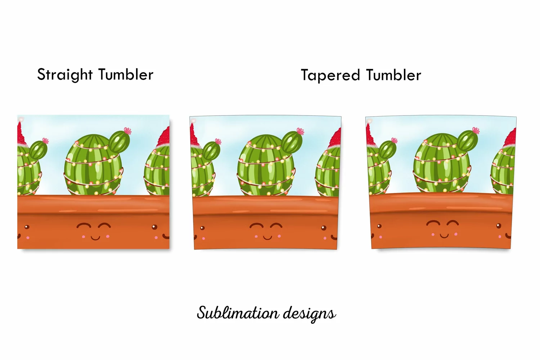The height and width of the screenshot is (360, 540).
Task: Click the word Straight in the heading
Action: tap(65, 75)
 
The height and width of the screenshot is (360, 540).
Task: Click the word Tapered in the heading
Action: tap(330, 75)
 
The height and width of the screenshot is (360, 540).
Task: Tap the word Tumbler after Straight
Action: tap(126, 74)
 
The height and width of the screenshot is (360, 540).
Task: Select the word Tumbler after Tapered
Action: tap(394, 75)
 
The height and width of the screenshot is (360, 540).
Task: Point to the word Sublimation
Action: tap(238, 313)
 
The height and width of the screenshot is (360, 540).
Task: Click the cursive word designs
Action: tap(309, 314)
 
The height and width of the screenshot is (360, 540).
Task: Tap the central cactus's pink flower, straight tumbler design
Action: tap(127, 131)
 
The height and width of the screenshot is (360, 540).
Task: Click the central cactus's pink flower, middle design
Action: tap(300, 131)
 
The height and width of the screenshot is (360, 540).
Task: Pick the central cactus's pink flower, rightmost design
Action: tap(476, 130)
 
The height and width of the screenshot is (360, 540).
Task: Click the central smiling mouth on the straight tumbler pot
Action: tap(95, 238)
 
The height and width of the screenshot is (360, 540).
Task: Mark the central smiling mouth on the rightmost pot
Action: tap(444, 235)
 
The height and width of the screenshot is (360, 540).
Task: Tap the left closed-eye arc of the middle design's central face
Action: tap(256, 226)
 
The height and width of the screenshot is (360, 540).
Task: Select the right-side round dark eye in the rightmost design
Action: tap(499, 226)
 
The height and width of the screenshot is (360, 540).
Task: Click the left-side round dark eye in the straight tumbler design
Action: tap(27, 227)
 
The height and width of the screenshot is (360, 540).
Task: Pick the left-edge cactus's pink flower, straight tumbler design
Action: tap(45, 140)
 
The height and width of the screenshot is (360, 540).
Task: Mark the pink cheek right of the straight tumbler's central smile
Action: tap(108, 237)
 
